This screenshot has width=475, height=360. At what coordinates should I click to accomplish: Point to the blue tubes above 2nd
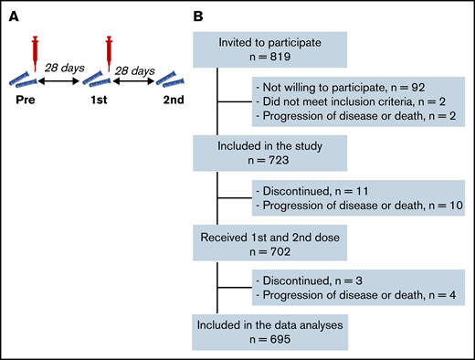click(x=180, y=78)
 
